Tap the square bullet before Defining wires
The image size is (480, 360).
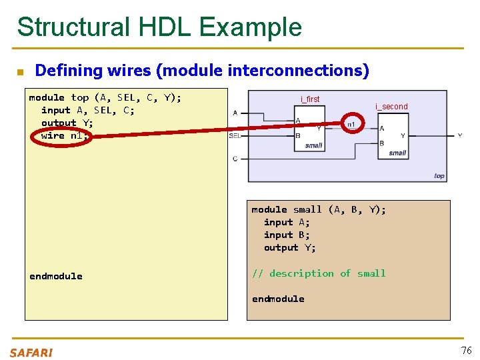[20, 71]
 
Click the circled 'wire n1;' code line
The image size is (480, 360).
[63, 136]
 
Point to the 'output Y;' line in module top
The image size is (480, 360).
[67, 123]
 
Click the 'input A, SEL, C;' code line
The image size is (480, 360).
[87, 111]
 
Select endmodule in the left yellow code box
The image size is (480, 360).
[56, 276]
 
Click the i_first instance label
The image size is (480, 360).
[310, 99]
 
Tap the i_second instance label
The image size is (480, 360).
[391, 107]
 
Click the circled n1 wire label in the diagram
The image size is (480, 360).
[351, 125]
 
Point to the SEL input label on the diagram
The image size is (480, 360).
[235, 136]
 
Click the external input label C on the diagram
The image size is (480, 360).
[235, 159]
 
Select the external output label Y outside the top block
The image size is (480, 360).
[459, 135]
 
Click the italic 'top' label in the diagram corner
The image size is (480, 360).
[439, 176]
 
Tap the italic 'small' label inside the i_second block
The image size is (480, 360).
[397, 153]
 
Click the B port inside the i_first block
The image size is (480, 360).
[298, 135]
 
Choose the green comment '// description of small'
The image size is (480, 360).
[319, 273]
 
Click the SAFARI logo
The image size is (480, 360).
[31, 353]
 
